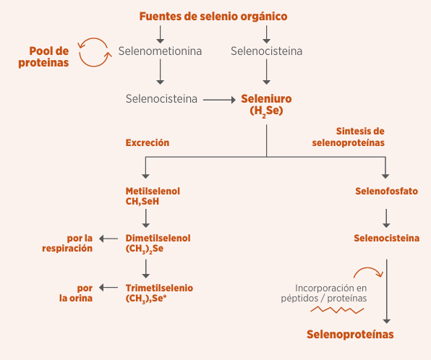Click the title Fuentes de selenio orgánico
tap(213, 17)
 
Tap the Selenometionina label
tap(160, 51)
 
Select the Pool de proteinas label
tap(43, 57)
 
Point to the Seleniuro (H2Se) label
tap(266, 105)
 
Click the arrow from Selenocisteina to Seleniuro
tap(219, 100)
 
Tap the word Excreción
tap(148, 142)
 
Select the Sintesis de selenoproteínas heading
tap(349, 137)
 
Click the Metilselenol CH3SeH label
tap(153, 196)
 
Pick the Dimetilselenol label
tap(158, 243)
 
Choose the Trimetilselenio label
tap(159, 293)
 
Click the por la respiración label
tap(67, 243)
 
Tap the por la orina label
tap(76, 293)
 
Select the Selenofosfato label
tap(386, 191)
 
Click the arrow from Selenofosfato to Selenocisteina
tap(386, 218)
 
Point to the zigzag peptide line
tap(337, 309)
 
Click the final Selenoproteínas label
tap(350, 335)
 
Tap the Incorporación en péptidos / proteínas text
tap(324, 293)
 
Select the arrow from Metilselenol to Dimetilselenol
tap(146, 218)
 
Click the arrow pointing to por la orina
tap(108, 288)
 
